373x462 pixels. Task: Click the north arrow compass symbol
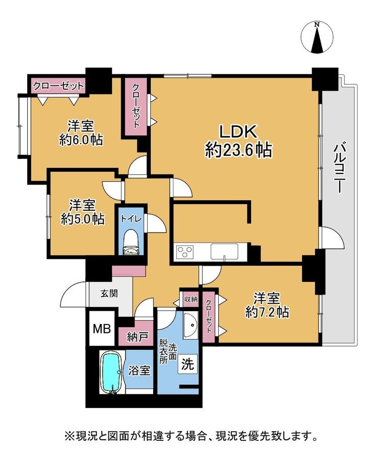click(x=317, y=37)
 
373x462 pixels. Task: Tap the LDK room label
click(x=238, y=132)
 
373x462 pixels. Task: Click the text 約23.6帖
click(x=238, y=150)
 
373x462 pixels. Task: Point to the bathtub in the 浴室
click(x=111, y=372)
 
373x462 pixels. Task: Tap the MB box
click(x=102, y=328)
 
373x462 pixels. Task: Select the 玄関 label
click(x=109, y=294)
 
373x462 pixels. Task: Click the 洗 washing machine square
click(x=188, y=364)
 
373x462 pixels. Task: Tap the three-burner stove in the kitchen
click(x=185, y=252)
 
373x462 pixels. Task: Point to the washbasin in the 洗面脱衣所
click(x=191, y=326)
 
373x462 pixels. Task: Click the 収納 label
click(x=191, y=300)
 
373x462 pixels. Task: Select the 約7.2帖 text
click(x=267, y=312)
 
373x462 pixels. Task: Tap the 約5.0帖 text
click(x=83, y=219)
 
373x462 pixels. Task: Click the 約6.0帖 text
click(x=81, y=140)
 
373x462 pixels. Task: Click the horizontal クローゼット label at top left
click(x=58, y=86)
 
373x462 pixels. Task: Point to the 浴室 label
click(x=139, y=371)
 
